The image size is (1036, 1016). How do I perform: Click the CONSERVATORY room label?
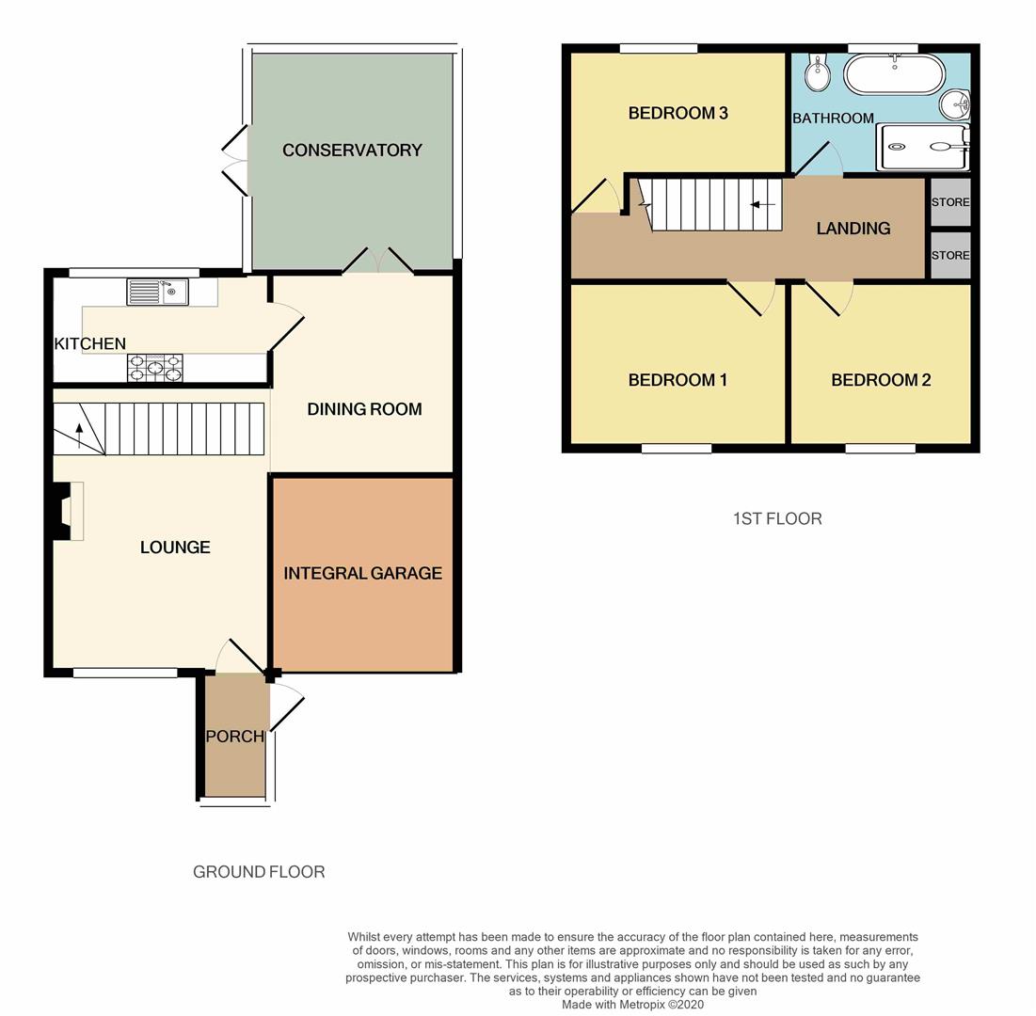coord(352,150)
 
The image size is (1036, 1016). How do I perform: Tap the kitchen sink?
coord(157,293)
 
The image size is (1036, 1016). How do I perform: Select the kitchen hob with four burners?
coord(155,368)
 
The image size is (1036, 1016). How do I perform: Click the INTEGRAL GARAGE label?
coord(362,573)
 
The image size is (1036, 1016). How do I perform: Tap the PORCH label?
coord(234,736)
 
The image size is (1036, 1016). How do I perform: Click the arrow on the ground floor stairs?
coord(79,436)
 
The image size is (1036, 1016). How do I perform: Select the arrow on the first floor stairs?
coord(763,204)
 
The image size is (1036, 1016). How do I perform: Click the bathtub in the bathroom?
coord(892,73)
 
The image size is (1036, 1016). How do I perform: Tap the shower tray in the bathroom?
coord(921,147)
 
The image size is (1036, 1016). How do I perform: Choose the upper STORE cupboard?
coord(949,202)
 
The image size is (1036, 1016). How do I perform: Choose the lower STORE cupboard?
coord(949,255)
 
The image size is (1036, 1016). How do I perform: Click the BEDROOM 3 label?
coord(677,113)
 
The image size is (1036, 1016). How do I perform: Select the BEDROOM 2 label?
coord(881,380)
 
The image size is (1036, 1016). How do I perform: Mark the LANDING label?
coord(853,228)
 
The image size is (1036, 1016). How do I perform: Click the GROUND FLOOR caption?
coord(259,872)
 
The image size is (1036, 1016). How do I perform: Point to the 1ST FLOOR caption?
coord(777,518)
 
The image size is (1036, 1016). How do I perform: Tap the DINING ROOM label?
coord(364,409)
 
